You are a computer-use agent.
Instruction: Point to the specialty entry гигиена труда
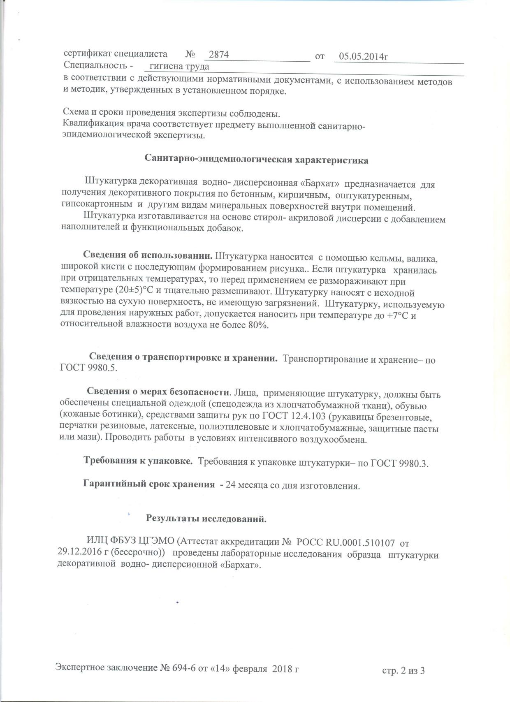pyautogui.click(x=179, y=67)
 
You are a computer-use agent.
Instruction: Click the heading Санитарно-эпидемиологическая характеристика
pyautogui.click(x=257, y=160)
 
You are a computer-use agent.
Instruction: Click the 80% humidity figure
pyautogui.click(x=258, y=325)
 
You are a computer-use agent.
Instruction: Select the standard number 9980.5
pyautogui.click(x=102, y=368)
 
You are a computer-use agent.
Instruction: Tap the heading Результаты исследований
pyautogui.click(x=206, y=519)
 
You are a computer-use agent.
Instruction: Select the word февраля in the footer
pyautogui.click(x=251, y=669)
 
